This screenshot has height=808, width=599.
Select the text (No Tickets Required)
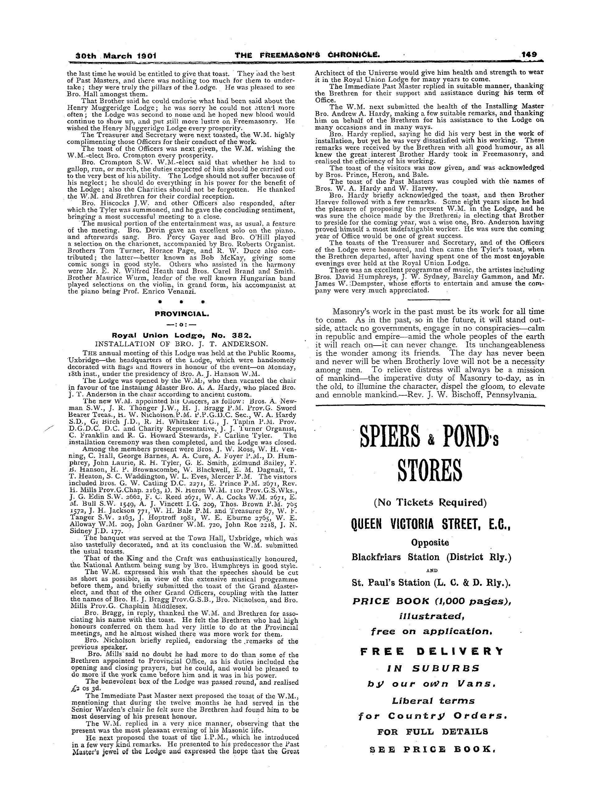point(430,502)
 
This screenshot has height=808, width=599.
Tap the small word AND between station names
point(430,570)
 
